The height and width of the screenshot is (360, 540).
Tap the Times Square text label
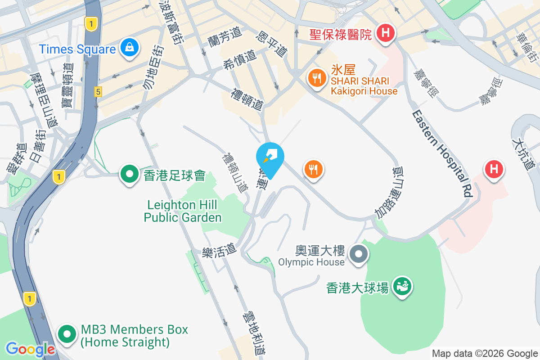[x=77, y=49]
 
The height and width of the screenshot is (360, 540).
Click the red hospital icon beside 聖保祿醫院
[x=385, y=33]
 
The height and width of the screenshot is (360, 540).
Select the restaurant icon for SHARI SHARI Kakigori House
[x=317, y=78]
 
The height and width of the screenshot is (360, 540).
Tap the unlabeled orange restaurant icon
[x=314, y=170]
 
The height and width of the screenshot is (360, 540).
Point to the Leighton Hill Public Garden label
[x=183, y=211]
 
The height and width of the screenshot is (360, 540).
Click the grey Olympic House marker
[x=359, y=254]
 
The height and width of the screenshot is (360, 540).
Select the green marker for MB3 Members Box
[x=68, y=335]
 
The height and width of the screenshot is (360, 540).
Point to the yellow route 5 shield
[x=98, y=92]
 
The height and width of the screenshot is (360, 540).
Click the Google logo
[x=30, y=349]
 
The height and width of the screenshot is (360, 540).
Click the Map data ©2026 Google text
[x=485, y=354]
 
